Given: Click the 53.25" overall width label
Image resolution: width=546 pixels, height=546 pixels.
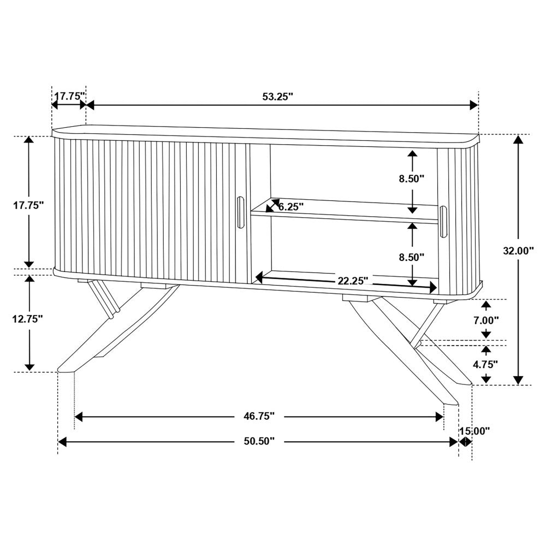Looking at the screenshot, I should click(x=277, y=96).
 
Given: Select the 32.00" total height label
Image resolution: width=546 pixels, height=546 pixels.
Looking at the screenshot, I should click(x=518, y=251).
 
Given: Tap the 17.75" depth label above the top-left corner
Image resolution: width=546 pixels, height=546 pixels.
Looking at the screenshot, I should click(x=69, y=96).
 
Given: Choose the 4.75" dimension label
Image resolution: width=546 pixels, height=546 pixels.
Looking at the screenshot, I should click(x=485, y=363).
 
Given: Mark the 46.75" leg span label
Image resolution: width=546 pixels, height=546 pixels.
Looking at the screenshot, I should click(x=259, y=417).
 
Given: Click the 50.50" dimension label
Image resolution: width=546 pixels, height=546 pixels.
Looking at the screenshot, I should click(x=259, y=441).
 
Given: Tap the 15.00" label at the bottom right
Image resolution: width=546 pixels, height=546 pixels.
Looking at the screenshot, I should click(x=474, y=431).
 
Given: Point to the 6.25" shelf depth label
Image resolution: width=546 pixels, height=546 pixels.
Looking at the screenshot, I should click(x=291, y=206).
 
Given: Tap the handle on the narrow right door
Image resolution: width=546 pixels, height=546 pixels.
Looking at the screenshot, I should click(x=443, y=222).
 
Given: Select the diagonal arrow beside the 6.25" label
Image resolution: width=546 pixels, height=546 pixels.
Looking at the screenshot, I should click(x=272, y=205).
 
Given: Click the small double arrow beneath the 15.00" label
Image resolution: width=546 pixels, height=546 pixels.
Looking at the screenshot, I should click(x=465, y=442).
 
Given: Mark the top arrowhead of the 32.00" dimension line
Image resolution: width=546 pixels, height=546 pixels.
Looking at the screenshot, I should click(x=518, y=139).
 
